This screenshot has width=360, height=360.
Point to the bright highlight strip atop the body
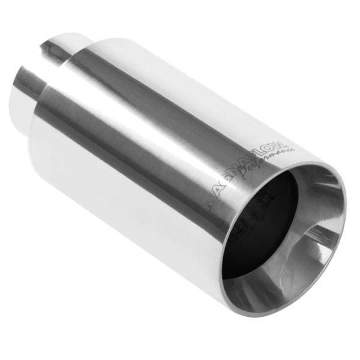click(180, 78)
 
